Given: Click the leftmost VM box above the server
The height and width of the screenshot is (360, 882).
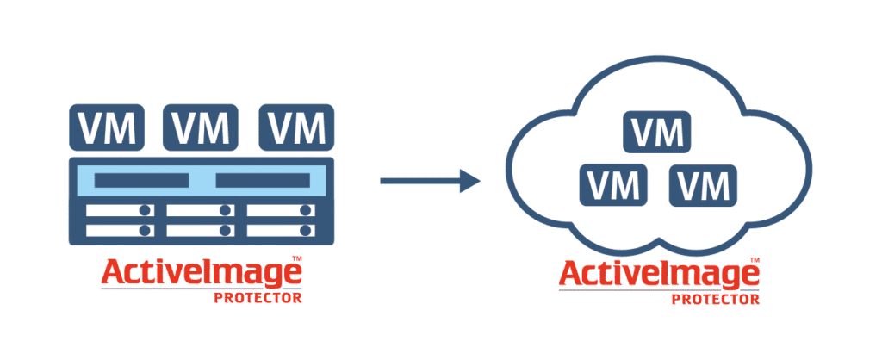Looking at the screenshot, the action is [x=106, y=127].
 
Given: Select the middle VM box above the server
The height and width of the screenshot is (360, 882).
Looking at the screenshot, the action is [x=201, y=127].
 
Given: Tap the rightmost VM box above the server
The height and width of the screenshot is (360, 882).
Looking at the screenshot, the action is [x=296, y=127].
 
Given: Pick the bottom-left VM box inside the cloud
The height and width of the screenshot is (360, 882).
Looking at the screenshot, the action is [x=613, y=184].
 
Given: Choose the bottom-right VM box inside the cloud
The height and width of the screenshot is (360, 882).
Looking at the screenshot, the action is [x=703, y=184].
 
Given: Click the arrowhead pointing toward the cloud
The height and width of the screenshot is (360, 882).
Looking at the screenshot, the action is [x=470, y=181].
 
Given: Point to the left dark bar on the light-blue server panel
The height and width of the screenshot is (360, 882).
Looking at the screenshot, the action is [x=141, y=181].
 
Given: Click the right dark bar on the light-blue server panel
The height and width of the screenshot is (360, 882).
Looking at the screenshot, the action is [x=263, y=181].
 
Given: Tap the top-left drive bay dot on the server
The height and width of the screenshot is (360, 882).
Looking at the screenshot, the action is [x=145, y=210].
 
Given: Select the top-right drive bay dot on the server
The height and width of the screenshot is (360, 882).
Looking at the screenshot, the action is [x=306, y=210].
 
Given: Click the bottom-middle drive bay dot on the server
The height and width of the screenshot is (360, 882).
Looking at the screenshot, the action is [x=226, y=230].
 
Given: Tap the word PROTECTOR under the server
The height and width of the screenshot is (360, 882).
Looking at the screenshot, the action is [x=258, y=298].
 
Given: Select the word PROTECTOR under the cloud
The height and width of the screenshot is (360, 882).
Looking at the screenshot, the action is [x=716, y=299].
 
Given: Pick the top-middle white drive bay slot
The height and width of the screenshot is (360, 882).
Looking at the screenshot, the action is [x=200, y=210].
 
